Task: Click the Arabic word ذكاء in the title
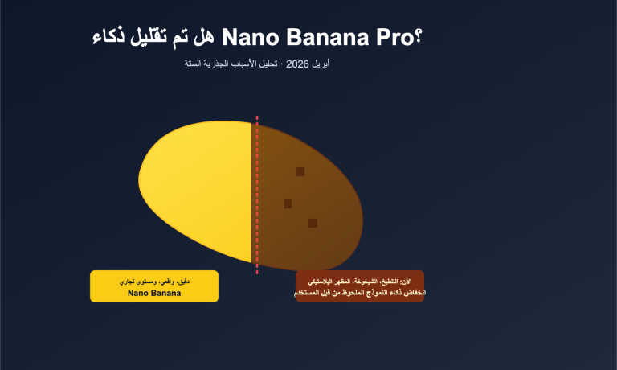(x=113, y=37)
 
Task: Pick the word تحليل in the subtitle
(x=272, y=63)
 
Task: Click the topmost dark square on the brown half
(x=300, y=171)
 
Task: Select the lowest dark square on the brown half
(x=313, y=223)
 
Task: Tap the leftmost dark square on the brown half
(x=288, y=203)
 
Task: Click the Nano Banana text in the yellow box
(x=154, y=293)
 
